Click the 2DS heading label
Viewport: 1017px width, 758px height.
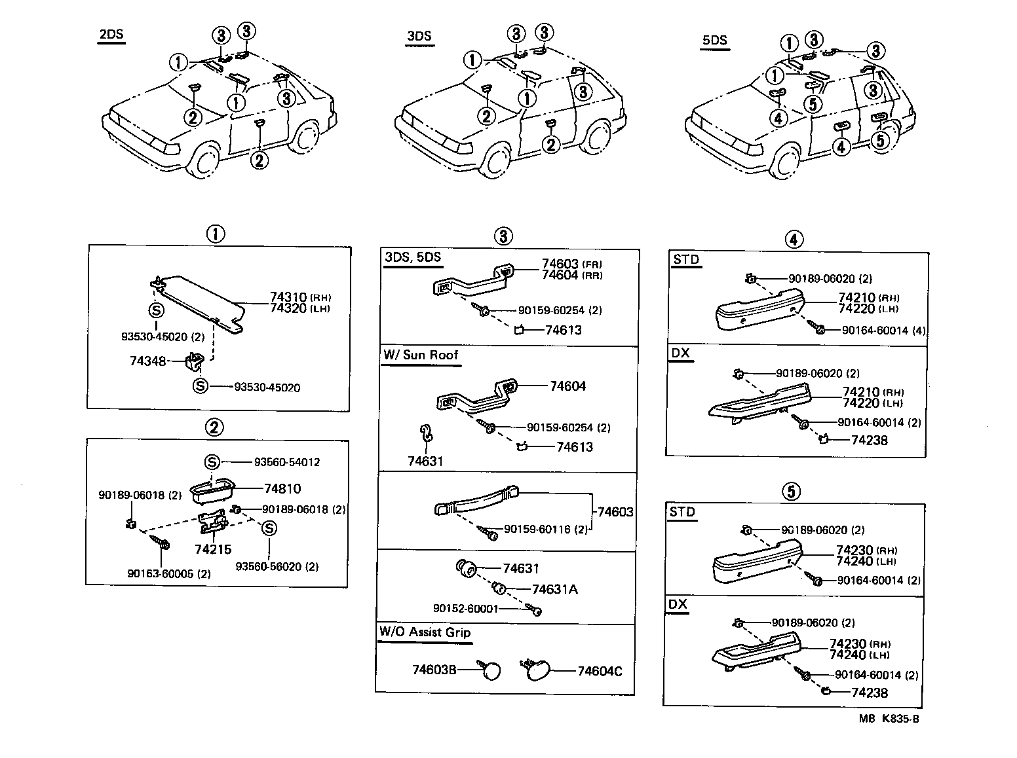[x=111, y=35]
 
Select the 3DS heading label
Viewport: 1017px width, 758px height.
[x=419, y=36]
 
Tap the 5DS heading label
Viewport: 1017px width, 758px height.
[x=714, y=41]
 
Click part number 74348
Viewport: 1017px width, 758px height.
[x=147, y=361]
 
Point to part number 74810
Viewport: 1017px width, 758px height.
[x=282, y=488]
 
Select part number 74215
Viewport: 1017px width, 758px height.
[x=213, y=549]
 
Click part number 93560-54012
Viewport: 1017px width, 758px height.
[x=287, y=462]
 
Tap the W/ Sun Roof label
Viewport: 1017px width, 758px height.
[x=421, y=355]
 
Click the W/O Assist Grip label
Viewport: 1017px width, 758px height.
[x=425, y=632]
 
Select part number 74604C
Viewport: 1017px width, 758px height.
[x=600, y=671]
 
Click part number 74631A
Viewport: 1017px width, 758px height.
[x=554, y=589]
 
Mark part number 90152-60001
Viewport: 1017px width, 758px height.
[x=465, y=609]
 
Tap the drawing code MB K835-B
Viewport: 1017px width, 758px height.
[x=889, y=719]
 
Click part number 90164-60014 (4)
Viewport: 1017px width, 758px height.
[x=884, y=331]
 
